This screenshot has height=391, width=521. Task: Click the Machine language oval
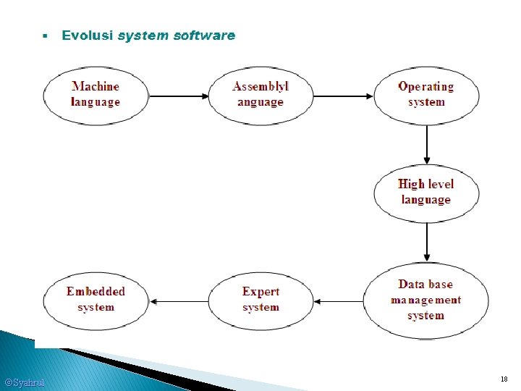[x=96, y=95]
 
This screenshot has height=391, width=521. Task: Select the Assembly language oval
[x=260, y=95]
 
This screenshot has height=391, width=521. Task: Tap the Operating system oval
[x=426, y=95]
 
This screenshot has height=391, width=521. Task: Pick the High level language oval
[x=426, y=192]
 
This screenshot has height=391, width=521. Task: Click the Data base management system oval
[x=426, y=300]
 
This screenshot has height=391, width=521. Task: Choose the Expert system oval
[x=260, y=300]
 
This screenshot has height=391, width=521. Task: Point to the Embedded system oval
[x=96, y=300]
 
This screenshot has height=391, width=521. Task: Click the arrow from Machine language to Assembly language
[x=178, y=96]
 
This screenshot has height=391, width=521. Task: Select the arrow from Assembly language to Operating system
[x=343, y=96]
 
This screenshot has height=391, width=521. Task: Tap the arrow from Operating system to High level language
[x=427, y=145]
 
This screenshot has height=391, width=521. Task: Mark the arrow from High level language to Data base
[x=427, y=242]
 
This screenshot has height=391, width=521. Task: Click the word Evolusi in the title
[x=88, y=35]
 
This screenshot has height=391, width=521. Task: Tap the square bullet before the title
[x=44, y=35]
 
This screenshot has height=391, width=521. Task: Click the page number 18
[x=504, y=379]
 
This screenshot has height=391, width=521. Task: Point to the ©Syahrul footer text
[x=25, y=382]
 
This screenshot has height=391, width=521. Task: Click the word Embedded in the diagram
[x=96, y=292]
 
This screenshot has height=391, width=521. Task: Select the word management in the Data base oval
[x=425, y=300]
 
